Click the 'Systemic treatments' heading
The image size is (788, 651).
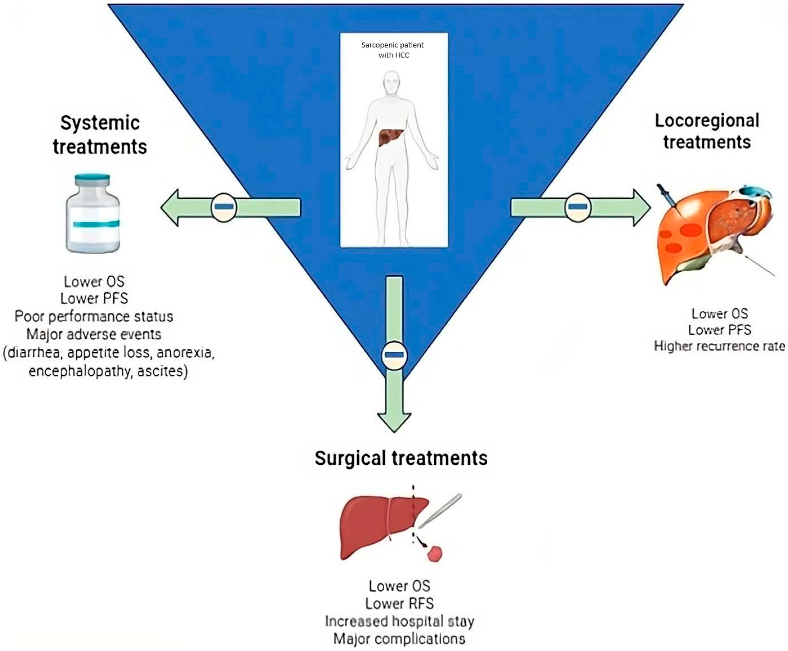click(100, 135)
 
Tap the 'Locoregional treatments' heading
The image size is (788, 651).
click(707, 131)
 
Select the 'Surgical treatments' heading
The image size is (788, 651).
click(401, 458)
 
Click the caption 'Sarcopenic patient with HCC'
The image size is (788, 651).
click(392, 50)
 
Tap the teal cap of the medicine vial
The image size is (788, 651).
click(92, 179)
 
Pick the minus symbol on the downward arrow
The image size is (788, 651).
click(394, 355)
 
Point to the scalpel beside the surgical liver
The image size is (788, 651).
click(440, 511)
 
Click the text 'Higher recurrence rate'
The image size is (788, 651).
click(719, 346)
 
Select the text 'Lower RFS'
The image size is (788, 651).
click(399, 603)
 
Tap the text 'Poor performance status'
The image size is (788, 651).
click(94, 316)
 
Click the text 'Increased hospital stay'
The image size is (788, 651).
click(399, 621)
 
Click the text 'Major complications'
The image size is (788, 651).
click(399, 639)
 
